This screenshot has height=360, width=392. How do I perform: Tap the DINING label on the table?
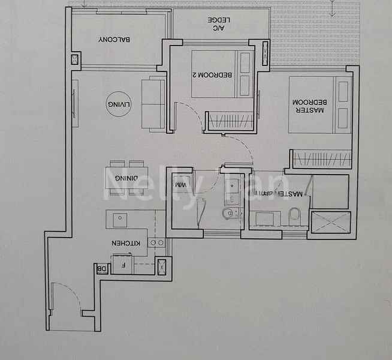(125, 178)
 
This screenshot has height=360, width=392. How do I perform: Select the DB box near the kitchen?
(102, 269)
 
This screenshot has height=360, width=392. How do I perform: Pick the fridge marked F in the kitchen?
(123, 263)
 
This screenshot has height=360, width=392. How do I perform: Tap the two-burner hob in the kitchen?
(156, 243)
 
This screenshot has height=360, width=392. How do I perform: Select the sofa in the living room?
(153, 103)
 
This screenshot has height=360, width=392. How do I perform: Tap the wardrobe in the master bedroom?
(321, 159)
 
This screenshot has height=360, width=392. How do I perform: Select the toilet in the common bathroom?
(229, 214)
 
